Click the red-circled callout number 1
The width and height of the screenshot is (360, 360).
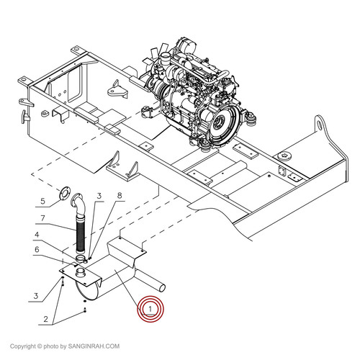coord(150,309)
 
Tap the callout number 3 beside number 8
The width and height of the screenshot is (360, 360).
coord(100,197)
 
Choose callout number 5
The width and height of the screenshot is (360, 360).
coord(37,249)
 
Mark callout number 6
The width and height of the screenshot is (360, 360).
coord(42,218)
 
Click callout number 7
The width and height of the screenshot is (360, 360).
coord(120,195)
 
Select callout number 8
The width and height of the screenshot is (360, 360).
coord(120,195)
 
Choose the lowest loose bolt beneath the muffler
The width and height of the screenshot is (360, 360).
coord(86,310)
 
